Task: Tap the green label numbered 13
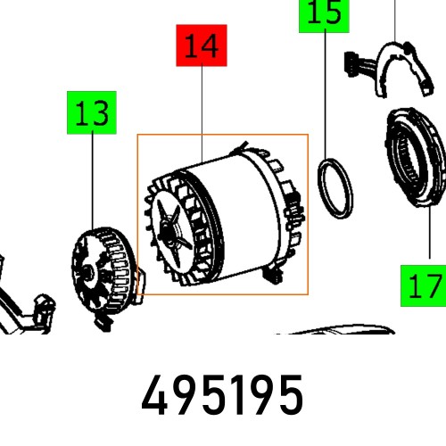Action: (93, 114)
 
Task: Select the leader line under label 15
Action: (325, 89)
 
